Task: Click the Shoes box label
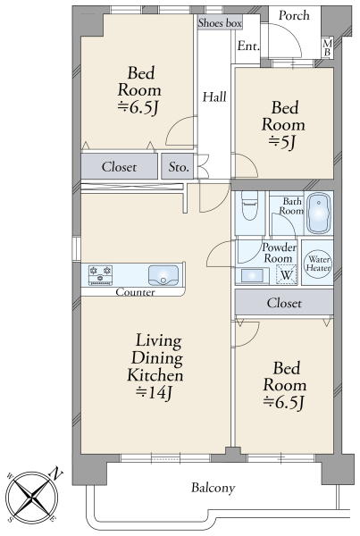220,23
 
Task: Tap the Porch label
294,15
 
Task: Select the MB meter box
328,47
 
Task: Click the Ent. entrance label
248,46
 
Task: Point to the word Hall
214,97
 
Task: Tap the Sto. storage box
178,166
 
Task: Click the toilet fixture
249,205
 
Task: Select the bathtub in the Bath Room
319,214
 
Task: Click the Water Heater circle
318,263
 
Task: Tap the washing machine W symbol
287,274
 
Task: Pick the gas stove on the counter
100,275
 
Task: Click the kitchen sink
163,275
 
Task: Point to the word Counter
135,292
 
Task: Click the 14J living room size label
154,393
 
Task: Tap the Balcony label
213,488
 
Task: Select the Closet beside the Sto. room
119,166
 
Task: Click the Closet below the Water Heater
284,303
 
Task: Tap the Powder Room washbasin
252,276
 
